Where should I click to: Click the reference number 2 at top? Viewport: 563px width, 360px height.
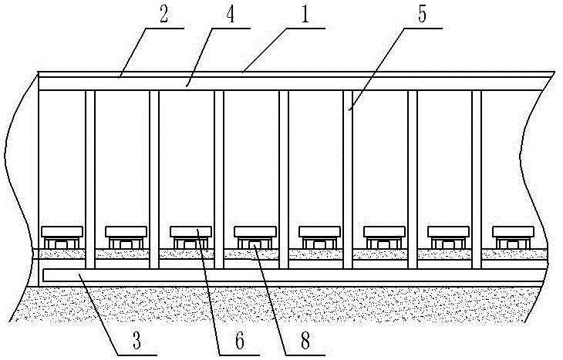[x=164, y=15]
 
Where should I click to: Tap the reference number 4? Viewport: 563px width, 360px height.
[x=230, y=15]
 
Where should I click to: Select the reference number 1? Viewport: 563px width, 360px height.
[x=305, y=15]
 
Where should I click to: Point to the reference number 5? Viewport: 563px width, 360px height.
[x=423, y=15]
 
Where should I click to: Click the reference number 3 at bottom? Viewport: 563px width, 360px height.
[x=137, y=340]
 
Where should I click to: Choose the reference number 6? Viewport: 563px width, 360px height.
[x=240, y=340]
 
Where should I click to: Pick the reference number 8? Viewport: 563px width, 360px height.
[x=305, y=340]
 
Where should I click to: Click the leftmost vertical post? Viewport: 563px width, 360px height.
[x=90, y=180]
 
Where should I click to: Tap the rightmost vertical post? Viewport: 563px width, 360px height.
[x=477, y=180]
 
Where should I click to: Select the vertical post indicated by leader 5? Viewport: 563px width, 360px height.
[x=348, y=180]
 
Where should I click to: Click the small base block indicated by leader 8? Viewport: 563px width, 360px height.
[x=255, y=245]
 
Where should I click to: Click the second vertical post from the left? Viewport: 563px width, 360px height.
[x=154, y=180]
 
